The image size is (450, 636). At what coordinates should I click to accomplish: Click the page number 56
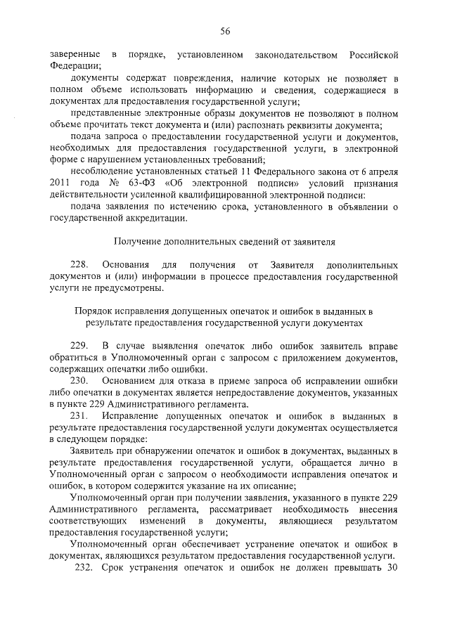coord(225,31)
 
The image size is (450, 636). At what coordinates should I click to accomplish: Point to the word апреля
coord(382,173)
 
